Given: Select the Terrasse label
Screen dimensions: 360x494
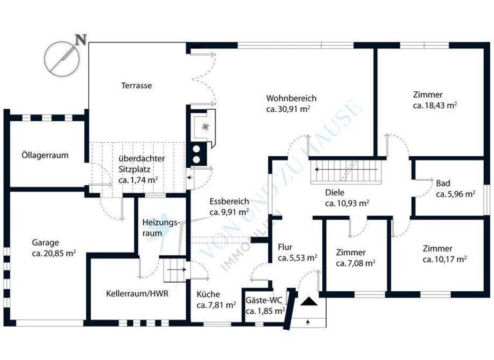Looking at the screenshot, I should [136, 85].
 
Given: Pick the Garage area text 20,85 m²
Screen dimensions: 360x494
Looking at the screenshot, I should [54, 253].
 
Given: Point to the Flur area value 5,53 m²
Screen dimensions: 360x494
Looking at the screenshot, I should [297, 258].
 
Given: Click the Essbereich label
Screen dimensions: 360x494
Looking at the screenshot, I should [229, 201].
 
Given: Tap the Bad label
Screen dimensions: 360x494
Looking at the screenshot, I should [443, 182].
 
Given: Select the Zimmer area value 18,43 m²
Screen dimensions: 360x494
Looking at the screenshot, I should [435, 104].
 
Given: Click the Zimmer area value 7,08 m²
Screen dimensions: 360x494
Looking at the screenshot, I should [356, 262].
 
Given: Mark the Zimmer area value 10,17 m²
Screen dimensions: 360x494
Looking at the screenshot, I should [444, 259].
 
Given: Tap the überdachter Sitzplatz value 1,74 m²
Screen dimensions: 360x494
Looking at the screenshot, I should [138, 181].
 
